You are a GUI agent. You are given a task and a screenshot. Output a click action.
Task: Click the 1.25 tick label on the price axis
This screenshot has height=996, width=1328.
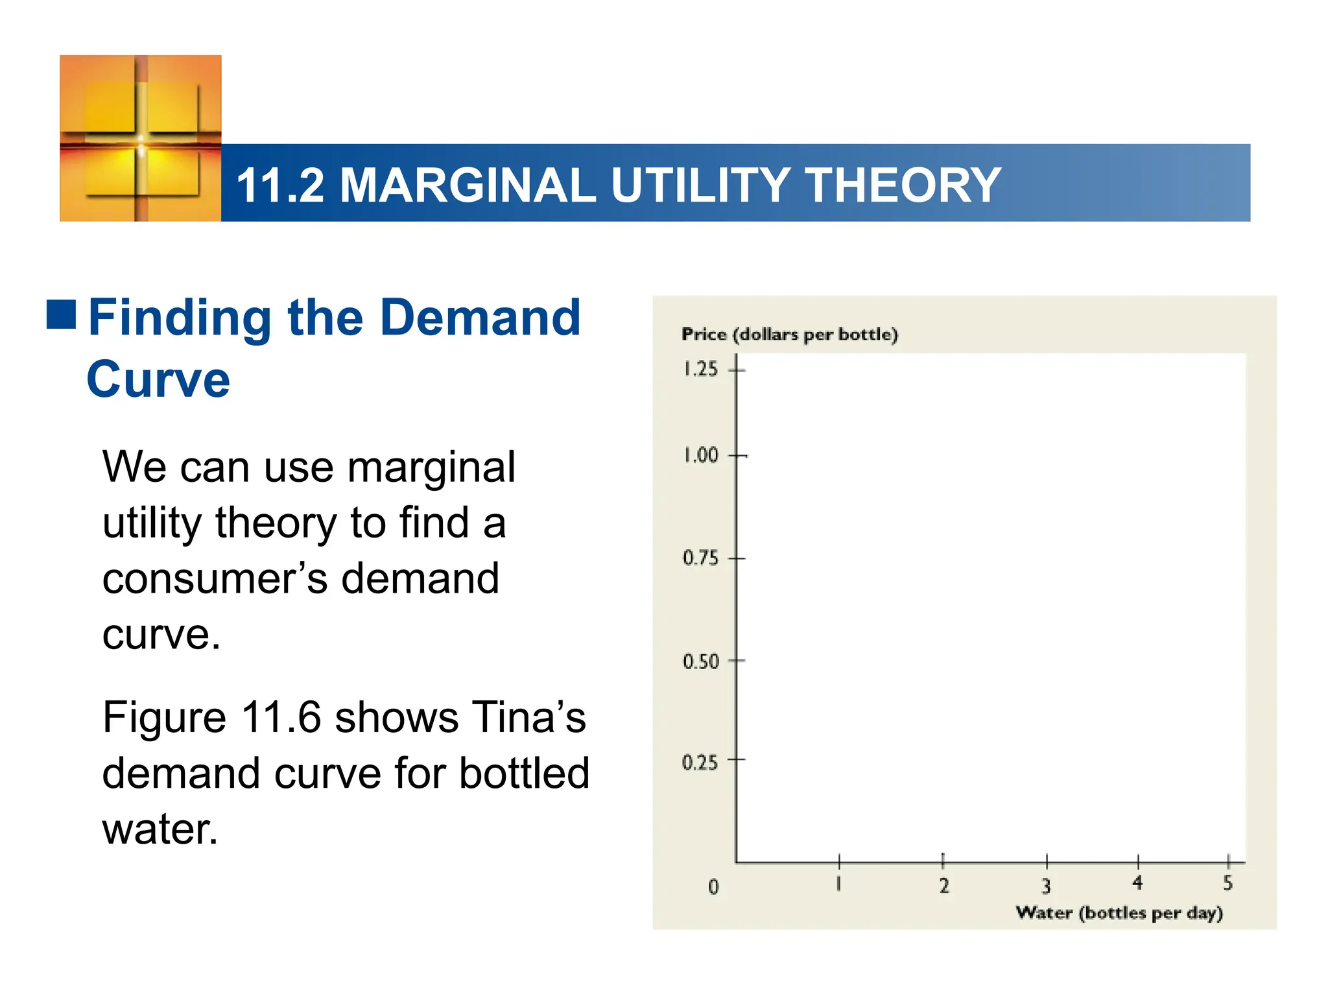pyautogui.click(x=700, y=369)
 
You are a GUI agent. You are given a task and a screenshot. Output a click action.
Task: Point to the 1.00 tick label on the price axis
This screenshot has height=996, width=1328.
pyautogui.click(x=700, y=455)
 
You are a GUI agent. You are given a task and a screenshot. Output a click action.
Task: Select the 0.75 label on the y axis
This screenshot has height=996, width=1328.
pyautogui.click(x=700, y=558)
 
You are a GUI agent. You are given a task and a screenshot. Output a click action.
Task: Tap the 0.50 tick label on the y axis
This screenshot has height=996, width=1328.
pyautogui.click(x=700, y=661)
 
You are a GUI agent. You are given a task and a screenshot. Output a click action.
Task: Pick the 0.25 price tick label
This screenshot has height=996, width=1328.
pyautogui.click(x=700, y=763)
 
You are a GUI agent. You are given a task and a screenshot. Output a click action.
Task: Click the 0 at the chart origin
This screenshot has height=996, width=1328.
pyautogui.click(x=713, y=886)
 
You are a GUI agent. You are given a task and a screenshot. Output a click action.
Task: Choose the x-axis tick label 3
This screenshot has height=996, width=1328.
pyautogui.click(x=1046, y=886)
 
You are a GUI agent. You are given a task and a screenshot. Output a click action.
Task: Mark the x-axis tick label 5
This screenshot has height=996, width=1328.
pyautogui.click(x=1227, y=883)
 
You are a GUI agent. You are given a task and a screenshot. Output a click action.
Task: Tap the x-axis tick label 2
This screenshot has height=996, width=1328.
pyautogui.click(x=944, y=886)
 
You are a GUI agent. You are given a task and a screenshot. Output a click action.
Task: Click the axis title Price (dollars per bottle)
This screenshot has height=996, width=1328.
pyautogui.click(x=789, y=335)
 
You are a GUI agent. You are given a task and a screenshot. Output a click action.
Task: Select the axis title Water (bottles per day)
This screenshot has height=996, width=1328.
pyautogui.click(x=1119, y=913)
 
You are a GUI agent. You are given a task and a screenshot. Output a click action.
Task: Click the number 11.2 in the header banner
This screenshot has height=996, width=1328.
pyautogui.click(x=280, y=185)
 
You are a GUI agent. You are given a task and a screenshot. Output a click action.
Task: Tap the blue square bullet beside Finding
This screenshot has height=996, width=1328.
pyautogui.click(x=62, y=314)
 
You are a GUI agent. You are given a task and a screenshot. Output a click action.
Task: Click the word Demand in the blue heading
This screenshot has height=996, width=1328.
pyautogui.click(x=480, y=318)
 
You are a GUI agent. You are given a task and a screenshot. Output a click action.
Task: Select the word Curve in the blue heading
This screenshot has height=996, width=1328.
pyautogui.click(x=158, y=379)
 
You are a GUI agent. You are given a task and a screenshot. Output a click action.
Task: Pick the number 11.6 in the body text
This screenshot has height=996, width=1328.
pyautogui.click(x=281, y=718)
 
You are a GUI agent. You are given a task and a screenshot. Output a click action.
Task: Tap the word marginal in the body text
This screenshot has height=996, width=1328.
pyautogui.click(x=431, y=468)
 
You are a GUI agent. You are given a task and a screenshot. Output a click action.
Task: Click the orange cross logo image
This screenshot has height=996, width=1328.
pyautogui.click(x=141, y=138)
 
